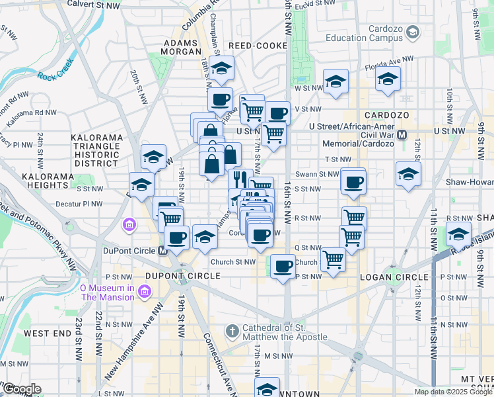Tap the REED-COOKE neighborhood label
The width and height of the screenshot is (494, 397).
click(258, 46)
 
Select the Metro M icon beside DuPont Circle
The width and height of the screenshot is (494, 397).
click(162, 251)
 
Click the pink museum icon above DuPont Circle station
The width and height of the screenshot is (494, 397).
click(129, 226)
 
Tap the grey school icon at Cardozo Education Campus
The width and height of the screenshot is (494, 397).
click(413, 32)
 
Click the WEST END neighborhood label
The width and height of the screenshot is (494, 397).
click(47, 333)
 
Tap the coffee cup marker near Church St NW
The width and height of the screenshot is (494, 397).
click(283, 267)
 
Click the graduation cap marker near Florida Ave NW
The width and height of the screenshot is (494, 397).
click(388, 79)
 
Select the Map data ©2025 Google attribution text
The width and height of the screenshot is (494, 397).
click(453, 392)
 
